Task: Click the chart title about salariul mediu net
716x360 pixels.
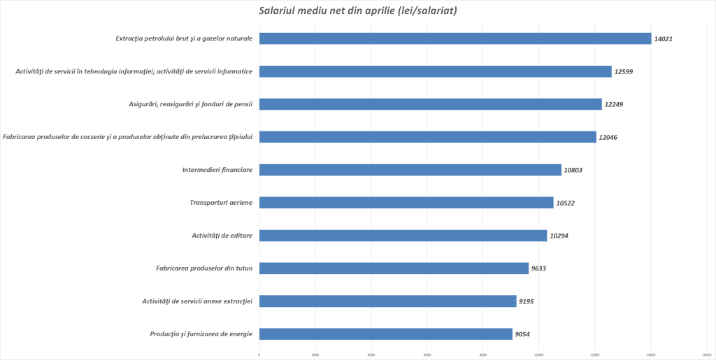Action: (358, 10)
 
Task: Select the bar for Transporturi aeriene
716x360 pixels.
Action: (406, 203)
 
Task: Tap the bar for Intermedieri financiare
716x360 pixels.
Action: (410, 170)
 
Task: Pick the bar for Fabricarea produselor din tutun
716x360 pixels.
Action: (394, 268)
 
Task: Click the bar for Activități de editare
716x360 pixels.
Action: (403, 236)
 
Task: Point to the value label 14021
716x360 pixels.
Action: (663, 38)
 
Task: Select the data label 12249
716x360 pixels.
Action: (614, 104)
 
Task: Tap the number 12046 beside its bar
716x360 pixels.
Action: (608, 137)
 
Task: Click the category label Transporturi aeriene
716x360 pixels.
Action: (221, 203)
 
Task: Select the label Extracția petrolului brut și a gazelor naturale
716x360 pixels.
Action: (184, 38)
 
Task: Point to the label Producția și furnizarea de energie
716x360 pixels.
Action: (201, 334)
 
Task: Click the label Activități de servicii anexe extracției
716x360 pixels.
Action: (197, 301)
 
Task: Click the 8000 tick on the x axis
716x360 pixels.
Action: (483, 355)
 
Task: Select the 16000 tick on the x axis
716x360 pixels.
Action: (706, 355)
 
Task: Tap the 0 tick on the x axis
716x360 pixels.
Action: (259, 355)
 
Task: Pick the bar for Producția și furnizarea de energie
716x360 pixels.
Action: (386, 334)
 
